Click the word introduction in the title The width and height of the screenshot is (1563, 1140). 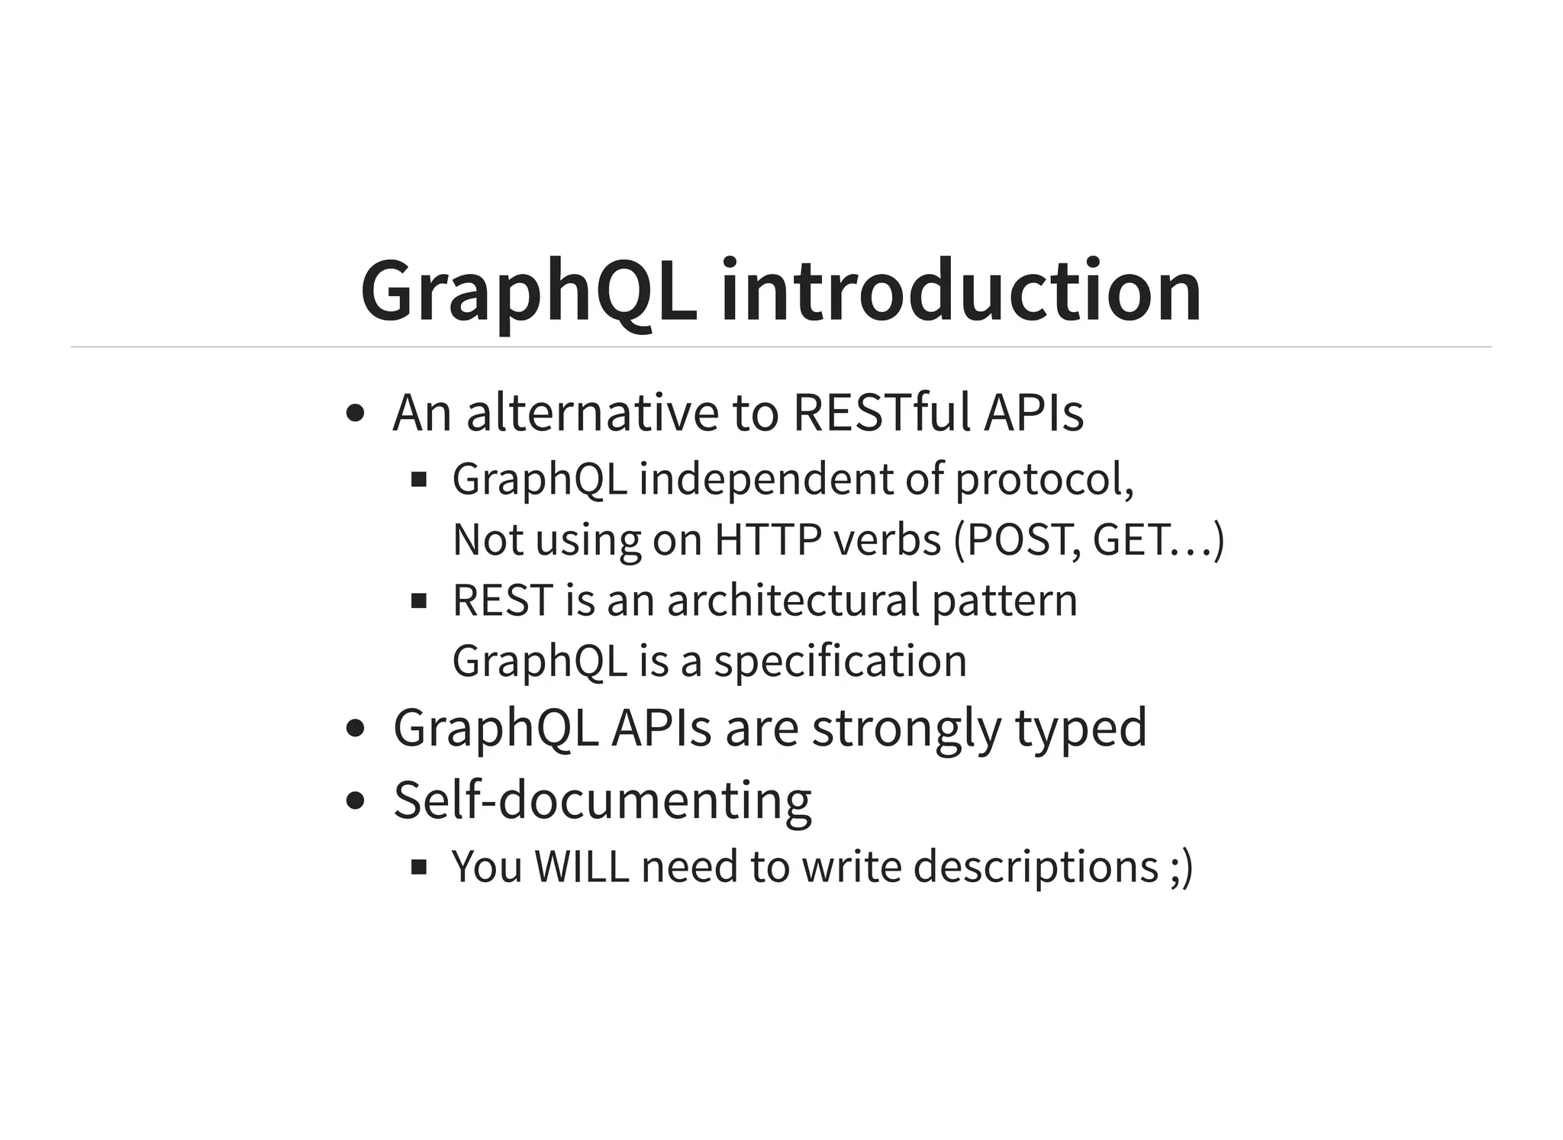click(x=961, y=291)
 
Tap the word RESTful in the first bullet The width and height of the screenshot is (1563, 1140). click(x=881, y=413)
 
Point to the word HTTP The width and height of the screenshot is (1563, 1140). click(x=767, y=539)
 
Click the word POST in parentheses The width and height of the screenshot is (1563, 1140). click(x=1023, y=539)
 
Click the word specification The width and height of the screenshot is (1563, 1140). click(x=840, y=661)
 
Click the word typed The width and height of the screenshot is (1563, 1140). click(x=1081, y=727)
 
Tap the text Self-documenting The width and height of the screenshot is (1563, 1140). click(x=602, y=800)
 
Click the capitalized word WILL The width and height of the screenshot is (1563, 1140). click(x=582, y=867)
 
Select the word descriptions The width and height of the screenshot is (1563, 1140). click(x=1036, y=867)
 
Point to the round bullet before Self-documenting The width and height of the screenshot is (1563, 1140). click(x=354, y=801)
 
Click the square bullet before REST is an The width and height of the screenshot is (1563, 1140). click(x=418, y=601)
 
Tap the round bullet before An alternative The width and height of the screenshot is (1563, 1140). click(x=354, y=414)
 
